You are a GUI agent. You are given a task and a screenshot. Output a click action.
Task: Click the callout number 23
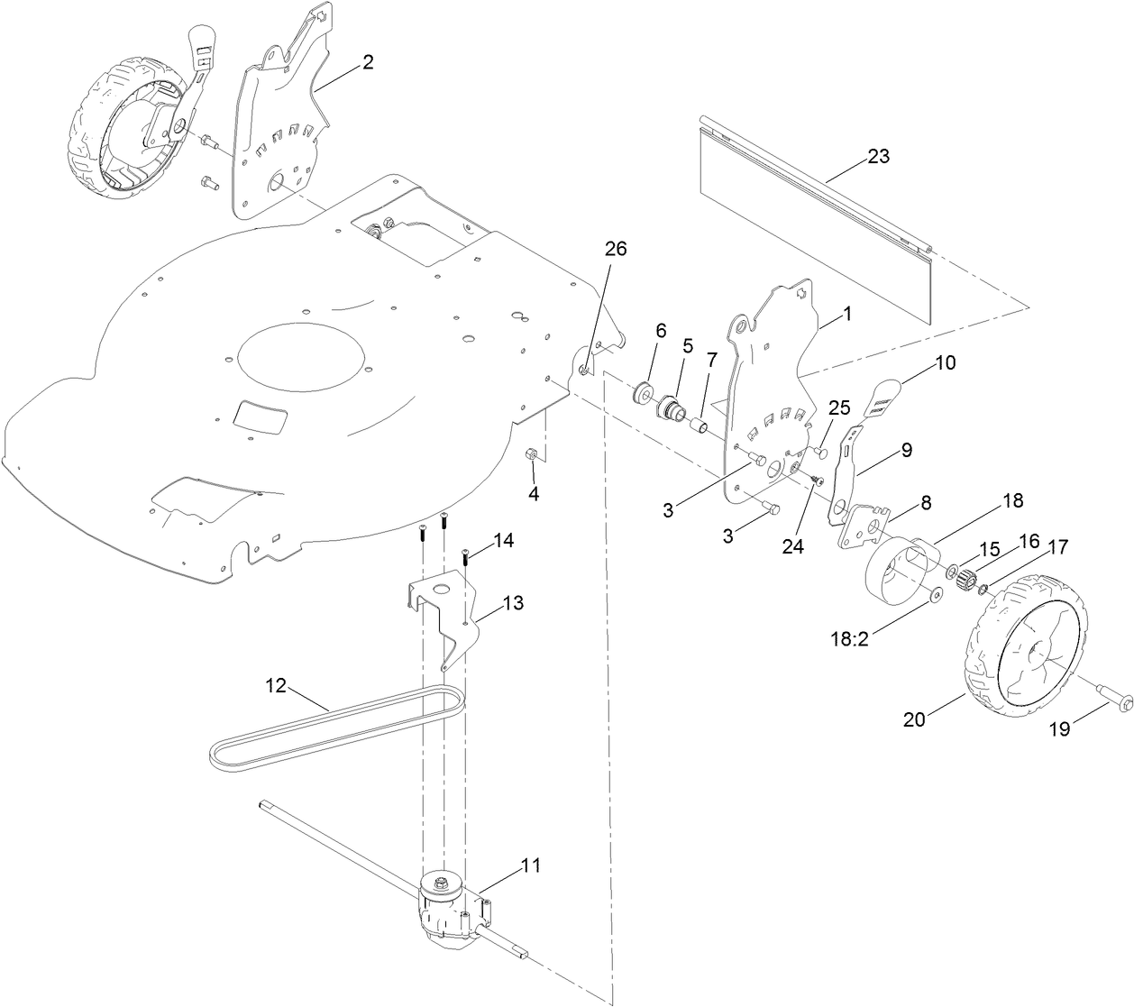877,156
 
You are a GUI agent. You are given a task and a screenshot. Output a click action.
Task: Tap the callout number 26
615,250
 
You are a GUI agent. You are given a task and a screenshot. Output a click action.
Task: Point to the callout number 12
275,685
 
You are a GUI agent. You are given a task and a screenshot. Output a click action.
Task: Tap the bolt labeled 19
1102,694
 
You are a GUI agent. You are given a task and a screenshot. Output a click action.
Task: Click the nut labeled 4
534,453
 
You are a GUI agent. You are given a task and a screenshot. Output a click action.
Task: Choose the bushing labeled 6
644,393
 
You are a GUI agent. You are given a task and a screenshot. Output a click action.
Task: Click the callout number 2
367,62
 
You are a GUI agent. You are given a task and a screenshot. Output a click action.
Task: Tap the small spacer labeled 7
697,422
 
